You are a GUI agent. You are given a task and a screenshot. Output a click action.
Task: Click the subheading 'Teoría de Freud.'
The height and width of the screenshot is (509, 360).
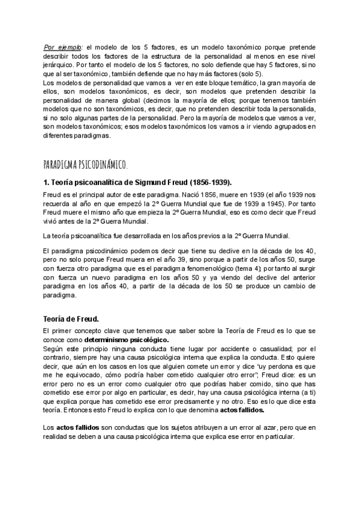tap(70, 318)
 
